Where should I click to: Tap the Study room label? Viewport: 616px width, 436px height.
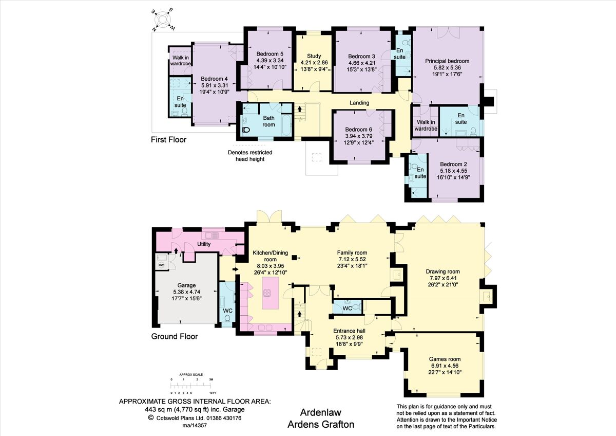click(x=314, y=56)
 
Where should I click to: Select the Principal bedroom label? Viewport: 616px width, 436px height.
click(x=447, y=61)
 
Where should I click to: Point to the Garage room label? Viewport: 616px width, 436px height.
click(x=183, y=285)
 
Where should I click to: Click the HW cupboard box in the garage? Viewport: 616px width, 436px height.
click(x=161, y=265)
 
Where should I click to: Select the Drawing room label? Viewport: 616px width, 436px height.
click(x=442, y=271)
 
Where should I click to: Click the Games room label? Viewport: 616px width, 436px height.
click(x=445, y=359)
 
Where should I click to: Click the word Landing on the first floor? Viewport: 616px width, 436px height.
click(x=359, y=103)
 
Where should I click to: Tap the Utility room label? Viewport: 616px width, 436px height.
click(x=204, y=244)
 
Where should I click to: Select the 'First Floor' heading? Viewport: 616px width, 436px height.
click(x=168, y=139)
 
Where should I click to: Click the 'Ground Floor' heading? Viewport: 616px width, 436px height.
click(x=174, y=337)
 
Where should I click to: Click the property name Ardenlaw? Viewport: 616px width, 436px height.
click(x=320, y=412)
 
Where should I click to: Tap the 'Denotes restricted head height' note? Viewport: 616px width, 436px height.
click(x=250, y=156)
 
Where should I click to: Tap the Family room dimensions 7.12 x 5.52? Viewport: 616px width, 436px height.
click(x=352, y=260)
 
